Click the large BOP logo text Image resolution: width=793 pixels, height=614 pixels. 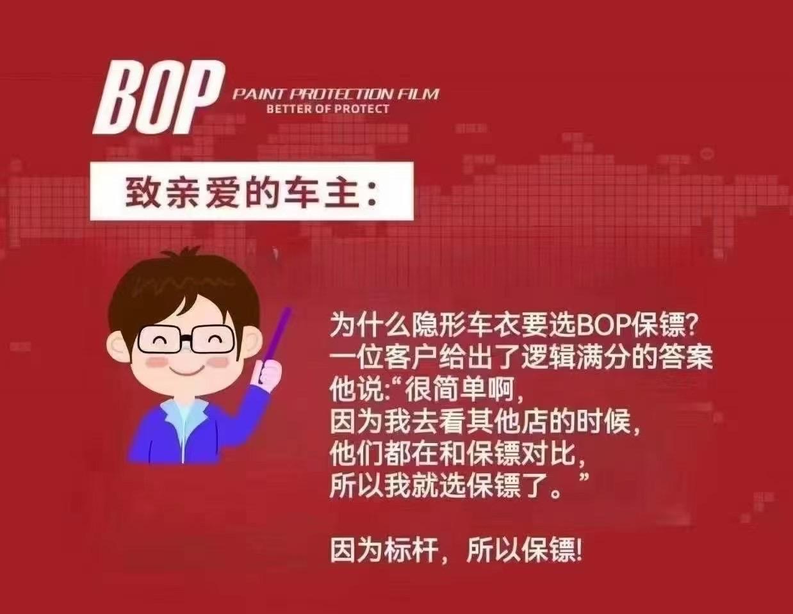click(159, 98)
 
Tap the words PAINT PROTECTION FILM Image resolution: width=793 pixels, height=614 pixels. click(336, 94)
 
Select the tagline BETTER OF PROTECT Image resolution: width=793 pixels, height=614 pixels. click(328, 109)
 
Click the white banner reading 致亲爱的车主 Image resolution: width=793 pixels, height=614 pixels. click(252, 191)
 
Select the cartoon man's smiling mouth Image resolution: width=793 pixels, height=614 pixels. click(186, 371)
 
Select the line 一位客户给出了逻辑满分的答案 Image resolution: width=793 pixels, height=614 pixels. click(521, 357)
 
